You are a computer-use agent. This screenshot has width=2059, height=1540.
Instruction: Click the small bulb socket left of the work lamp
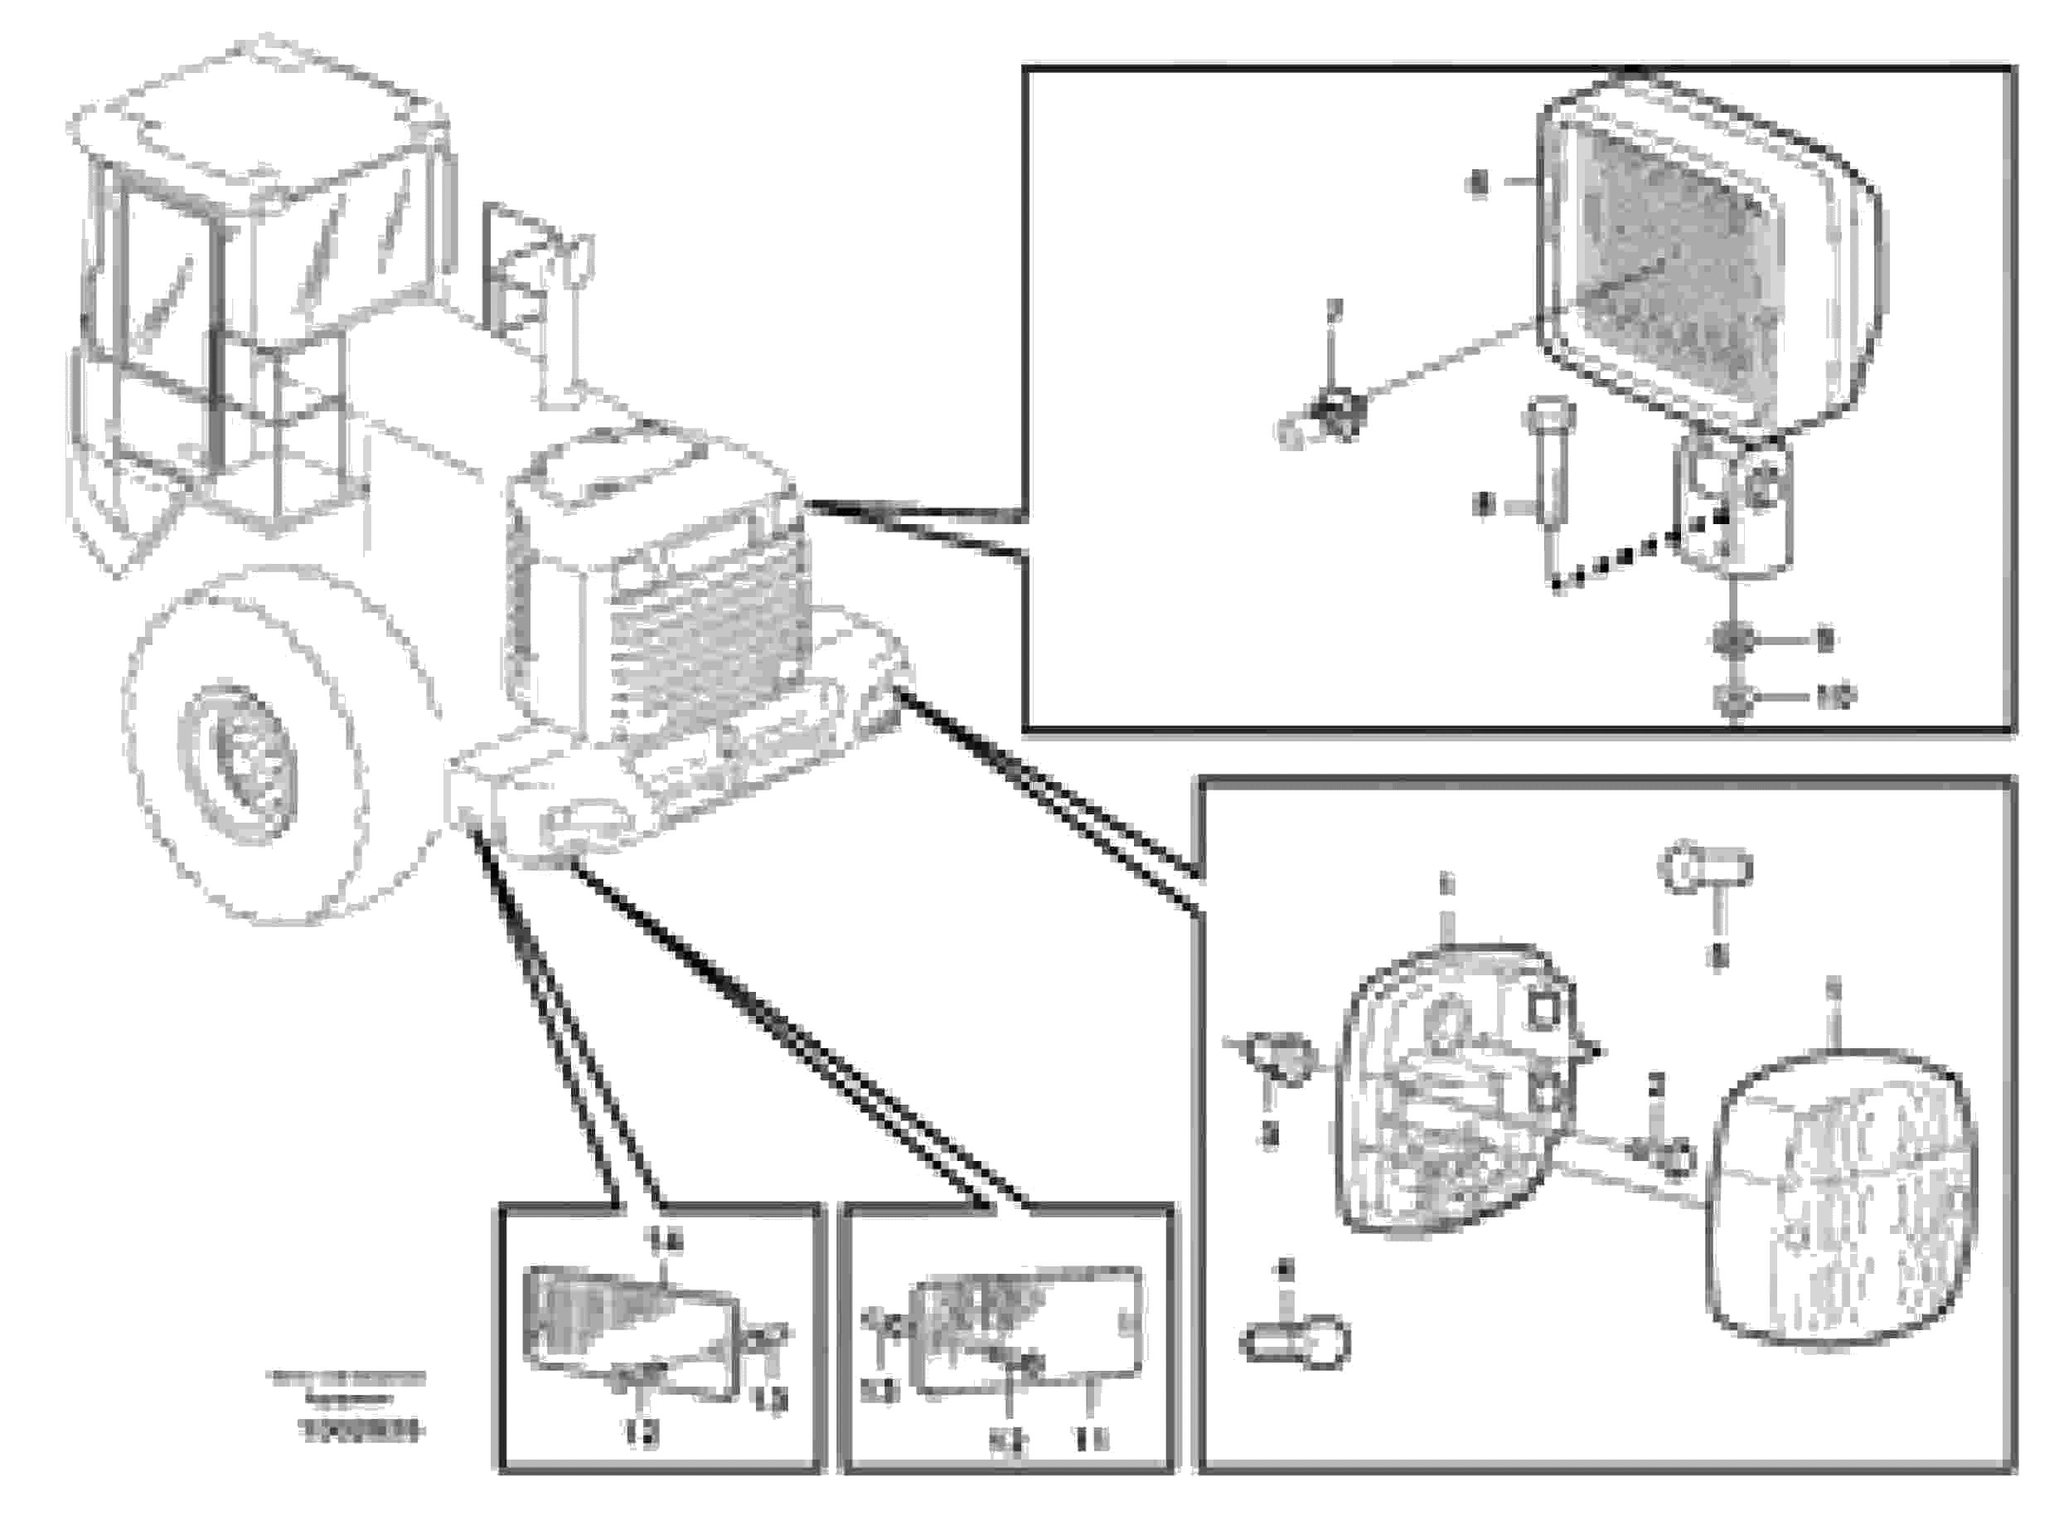[1326, 424]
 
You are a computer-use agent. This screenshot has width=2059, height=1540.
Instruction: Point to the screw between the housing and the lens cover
[1666, 1154]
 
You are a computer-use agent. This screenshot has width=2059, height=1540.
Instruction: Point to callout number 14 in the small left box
[666, 1241]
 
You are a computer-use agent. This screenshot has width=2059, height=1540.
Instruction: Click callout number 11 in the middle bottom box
[1091, 1440]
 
